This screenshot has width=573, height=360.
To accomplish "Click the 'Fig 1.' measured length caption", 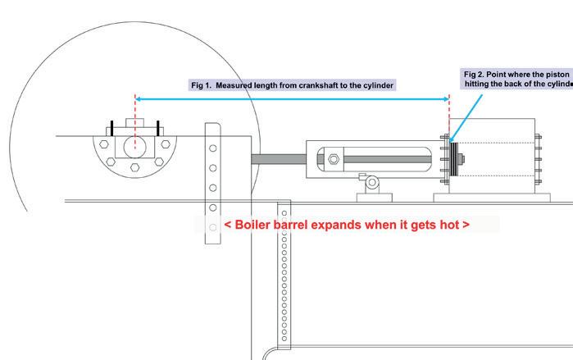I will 293,84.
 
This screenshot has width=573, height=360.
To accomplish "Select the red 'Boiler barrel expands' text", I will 347,224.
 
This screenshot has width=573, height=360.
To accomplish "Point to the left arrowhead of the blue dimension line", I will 139,98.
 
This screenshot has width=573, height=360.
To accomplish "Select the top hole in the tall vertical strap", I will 213,149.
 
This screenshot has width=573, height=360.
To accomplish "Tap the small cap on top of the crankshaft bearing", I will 134,124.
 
